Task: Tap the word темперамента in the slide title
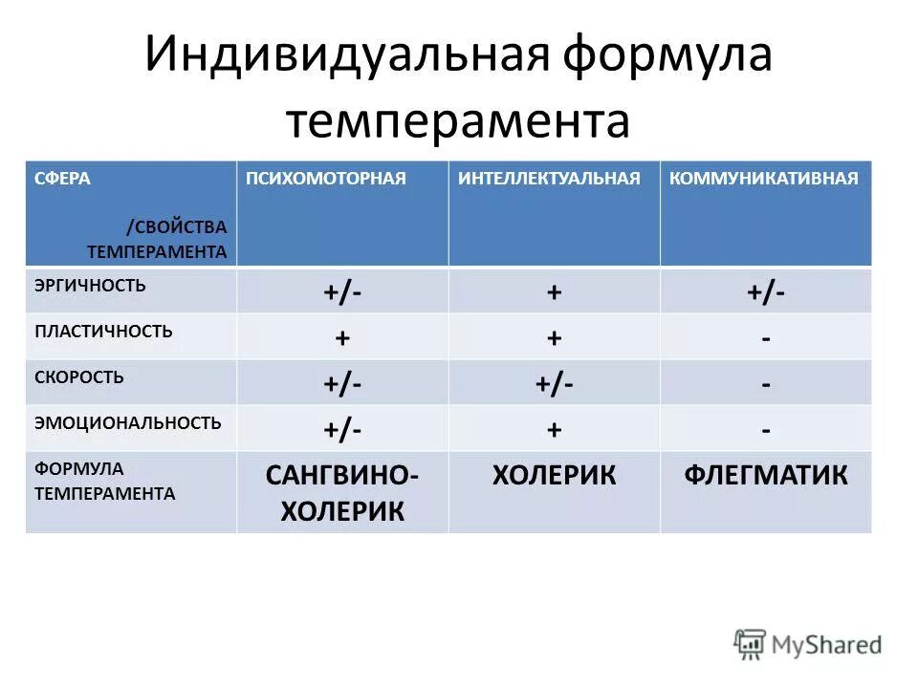coord(458,122)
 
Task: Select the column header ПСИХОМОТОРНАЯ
coord(326,179)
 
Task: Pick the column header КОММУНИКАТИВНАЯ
coord(764,179)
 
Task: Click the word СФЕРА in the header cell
coord(63,179)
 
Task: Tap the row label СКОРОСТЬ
coord(79,377)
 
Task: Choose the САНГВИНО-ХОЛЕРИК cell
coord(341,493)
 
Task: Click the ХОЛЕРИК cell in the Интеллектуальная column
coord(554,475)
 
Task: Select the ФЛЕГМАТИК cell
coord(765,475)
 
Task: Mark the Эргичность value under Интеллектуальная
coord(554,292)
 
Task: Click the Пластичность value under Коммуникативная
coord(766,338)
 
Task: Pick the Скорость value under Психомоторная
coord(341,384)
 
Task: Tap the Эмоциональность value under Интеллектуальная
coord(554,430)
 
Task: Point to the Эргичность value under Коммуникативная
coord(766,292)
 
